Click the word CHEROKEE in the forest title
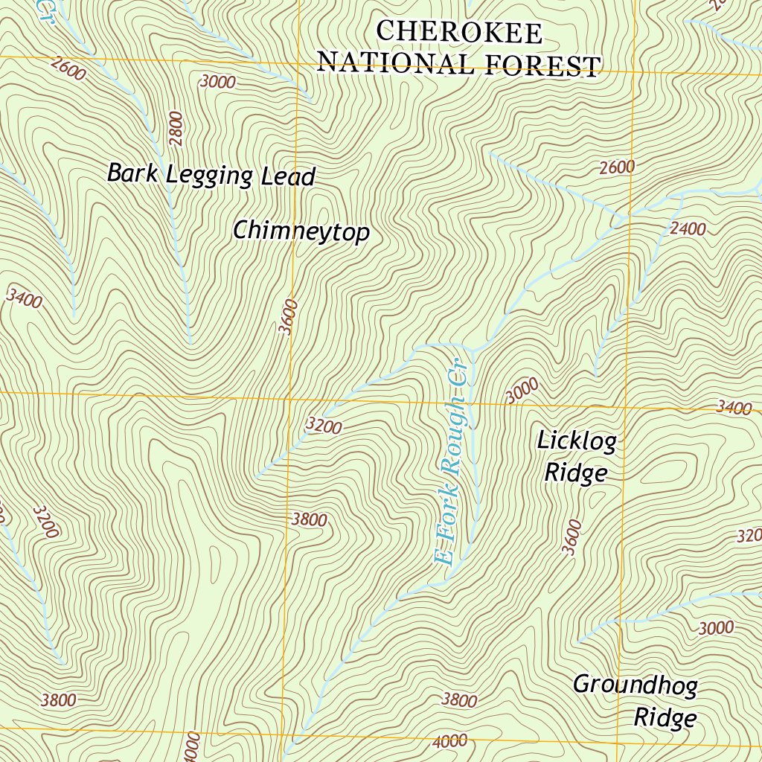459,33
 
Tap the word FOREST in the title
543,65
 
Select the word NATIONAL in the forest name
399,63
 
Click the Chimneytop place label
301,232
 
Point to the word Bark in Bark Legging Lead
132,173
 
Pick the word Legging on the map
209,176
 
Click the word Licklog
576,441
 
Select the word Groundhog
634,685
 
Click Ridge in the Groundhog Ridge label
665,718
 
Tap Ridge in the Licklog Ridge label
576,473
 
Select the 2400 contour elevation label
687,229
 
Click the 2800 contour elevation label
176,127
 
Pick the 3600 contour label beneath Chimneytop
289,317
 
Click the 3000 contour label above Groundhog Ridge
716,628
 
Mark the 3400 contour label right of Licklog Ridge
734,407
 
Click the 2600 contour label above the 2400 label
617,167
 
